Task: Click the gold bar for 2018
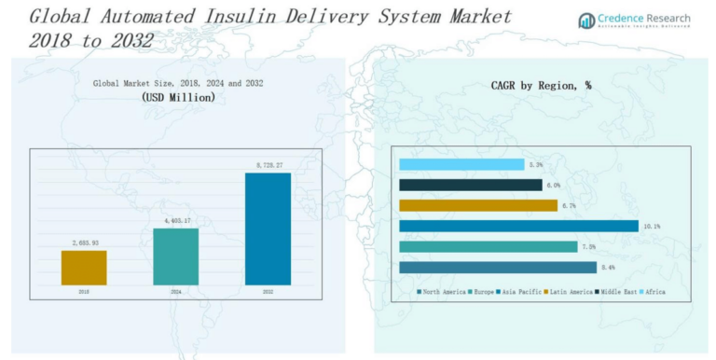tap(84, 267)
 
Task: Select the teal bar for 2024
tap(175, 256)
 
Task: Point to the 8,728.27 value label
tap(268, 166)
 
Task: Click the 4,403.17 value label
tap(175, 221)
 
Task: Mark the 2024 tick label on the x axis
tap(175, 292)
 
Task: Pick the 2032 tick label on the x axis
tap(268, 292)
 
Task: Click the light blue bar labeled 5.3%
tap(461, 164)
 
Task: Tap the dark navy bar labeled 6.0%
tap(470, 185)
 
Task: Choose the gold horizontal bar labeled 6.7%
tap(477, 205)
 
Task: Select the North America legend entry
tap(441, 292)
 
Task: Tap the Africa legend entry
tap(653, 292)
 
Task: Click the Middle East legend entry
tap(616, 292)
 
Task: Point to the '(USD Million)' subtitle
tap(177, 97)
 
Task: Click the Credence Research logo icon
tap(586, 21)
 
